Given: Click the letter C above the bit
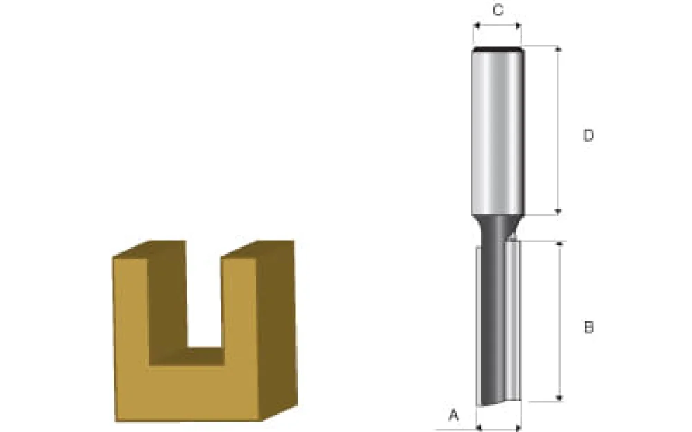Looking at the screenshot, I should tap(497, 10).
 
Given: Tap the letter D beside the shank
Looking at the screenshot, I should tap(588, 135).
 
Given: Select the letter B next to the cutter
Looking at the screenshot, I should tap(588, 327).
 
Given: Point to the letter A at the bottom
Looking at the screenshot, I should tap(454, 415).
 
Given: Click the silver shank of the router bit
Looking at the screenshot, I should tap(497, 131).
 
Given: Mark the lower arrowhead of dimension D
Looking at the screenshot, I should tap(558, 212).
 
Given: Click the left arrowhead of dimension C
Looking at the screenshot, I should tap(476, 26).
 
